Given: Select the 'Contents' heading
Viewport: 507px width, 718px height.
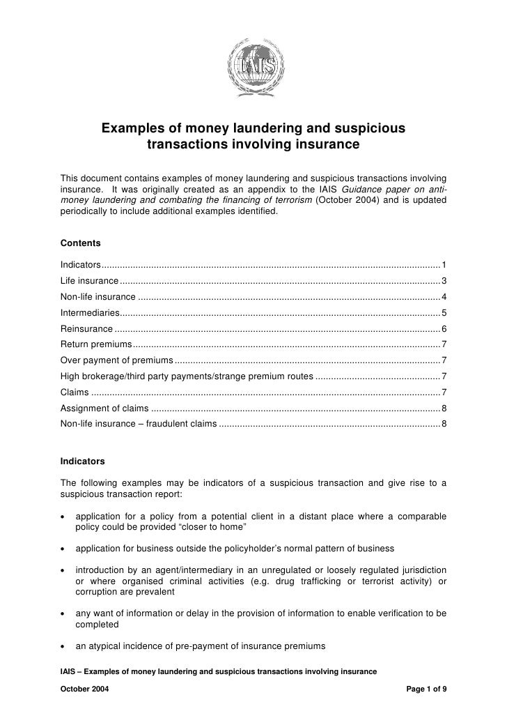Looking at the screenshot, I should point(80,243).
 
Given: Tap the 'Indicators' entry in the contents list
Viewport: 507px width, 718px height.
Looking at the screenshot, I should point(81,265).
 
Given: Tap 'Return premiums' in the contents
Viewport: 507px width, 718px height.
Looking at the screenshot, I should point(96,344).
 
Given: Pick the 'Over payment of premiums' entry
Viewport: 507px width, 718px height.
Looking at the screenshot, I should point(116,360).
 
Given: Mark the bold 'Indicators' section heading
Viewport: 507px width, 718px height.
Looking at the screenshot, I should point(82,461).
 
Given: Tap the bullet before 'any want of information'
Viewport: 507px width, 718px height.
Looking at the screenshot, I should point(64,613).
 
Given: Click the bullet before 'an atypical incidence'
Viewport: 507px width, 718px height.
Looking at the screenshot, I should point(64,646).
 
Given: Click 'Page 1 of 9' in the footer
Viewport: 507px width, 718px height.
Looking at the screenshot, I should point(426,688).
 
